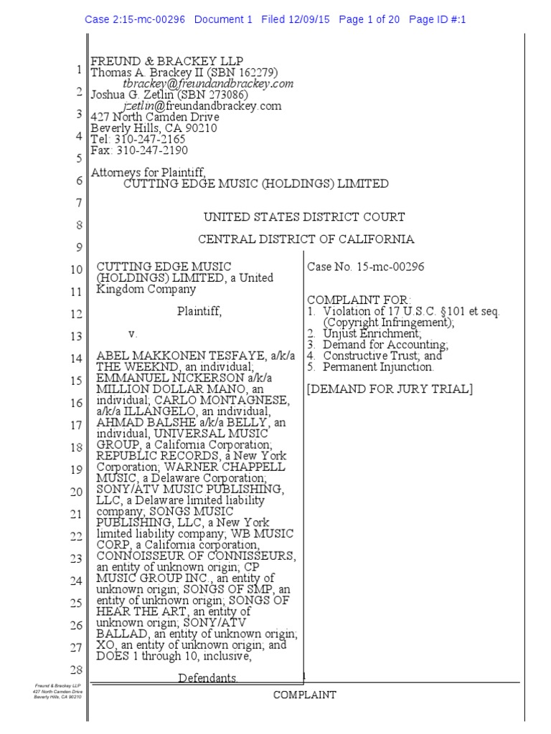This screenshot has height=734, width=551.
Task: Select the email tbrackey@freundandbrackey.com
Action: click(x=209, y=84)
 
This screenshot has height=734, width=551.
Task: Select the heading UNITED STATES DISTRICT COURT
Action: click(x=304, y=217)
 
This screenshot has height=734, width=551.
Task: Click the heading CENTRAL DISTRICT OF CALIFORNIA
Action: click(x=306, y=239)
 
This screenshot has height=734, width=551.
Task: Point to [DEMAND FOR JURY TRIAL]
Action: click(x=390, y=389)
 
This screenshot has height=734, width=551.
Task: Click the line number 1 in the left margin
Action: click(x=77, y=70)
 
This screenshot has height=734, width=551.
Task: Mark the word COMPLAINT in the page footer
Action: click(x=304, y=695)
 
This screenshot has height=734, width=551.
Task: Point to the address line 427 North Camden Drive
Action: click(x=148, y=118)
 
